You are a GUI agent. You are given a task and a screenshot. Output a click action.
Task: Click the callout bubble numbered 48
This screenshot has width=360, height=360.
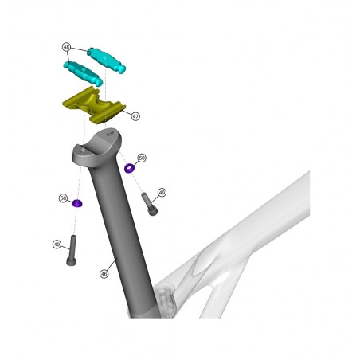pos(66,47)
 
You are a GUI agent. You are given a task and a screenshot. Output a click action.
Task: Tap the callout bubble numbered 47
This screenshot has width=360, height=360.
pos(135,116)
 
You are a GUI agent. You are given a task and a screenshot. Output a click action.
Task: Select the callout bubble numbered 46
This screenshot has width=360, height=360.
pos(104,274)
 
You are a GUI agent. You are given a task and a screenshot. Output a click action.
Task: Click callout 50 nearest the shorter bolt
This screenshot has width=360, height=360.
pos(143,158)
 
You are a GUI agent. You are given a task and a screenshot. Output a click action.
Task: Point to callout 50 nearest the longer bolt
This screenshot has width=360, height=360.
pos(63,198)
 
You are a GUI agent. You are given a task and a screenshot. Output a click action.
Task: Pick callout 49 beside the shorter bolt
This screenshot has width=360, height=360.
pos(162,192)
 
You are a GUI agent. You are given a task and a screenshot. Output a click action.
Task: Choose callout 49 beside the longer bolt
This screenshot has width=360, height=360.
pos(57,245)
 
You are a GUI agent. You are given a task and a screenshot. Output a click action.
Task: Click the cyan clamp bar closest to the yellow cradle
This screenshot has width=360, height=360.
pos(83,73)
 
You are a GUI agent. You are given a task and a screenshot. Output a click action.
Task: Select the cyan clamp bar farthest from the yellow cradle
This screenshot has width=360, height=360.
pos(107,60)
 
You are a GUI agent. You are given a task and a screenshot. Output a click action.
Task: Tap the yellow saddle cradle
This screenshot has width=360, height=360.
pos(93,106)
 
